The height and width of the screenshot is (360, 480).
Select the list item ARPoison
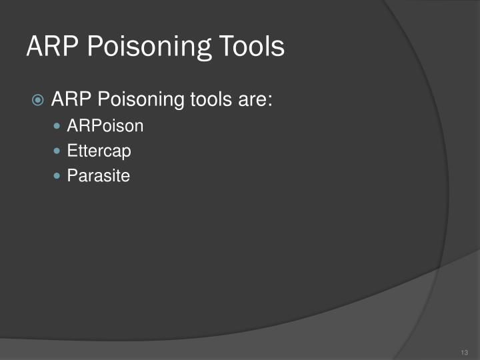[x=105, y=125]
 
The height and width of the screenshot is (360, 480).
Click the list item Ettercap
[x=99, y=151]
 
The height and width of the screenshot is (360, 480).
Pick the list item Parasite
[x=98, y=176]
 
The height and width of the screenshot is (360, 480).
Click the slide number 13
[x=464, y=352]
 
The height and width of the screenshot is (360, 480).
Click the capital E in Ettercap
[x=71, y=151]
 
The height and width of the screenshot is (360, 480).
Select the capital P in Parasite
[x=71, y=176]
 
